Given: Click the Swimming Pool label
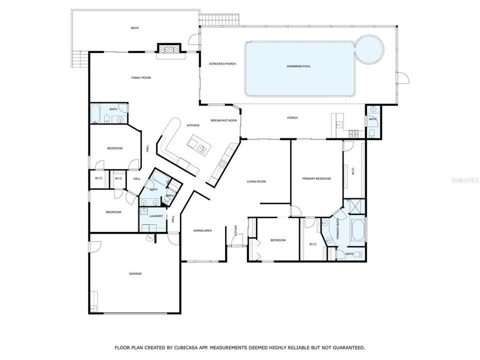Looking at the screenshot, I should (298, 66).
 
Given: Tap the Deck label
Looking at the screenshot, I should (134, 28).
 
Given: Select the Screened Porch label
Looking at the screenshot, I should (222, 64).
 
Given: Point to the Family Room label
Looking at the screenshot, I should (141, 77).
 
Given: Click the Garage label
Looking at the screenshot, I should (135, 273).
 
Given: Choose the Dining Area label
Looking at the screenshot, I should (203, 230).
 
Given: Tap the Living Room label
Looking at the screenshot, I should (256, 181).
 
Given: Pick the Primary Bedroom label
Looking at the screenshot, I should (316, 178).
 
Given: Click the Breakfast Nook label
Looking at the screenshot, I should (223, 120).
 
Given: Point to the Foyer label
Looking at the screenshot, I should (236, 231).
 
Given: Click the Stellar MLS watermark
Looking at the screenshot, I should (464, 178).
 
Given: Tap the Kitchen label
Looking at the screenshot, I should (193, 125).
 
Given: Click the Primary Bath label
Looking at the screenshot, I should (338, 230).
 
